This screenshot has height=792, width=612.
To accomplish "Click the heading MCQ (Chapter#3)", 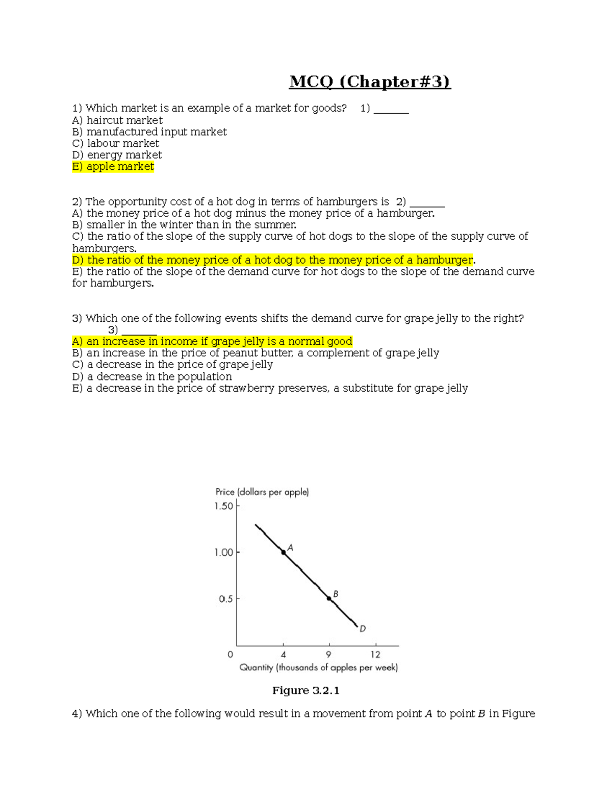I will (x=370, y=82).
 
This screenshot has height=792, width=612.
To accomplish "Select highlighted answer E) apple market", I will (x=113, y=167).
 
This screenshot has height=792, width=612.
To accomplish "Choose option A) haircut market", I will (x=117, y=120).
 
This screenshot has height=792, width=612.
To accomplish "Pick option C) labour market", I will (x=116, y=143).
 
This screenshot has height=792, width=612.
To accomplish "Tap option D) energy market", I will (x=117, y=155).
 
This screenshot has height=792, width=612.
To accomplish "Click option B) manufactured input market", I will (x=149, y=132).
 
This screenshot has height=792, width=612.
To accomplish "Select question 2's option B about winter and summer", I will (x=184, y=225).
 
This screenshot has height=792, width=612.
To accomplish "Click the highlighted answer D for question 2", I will (x=273, y=260).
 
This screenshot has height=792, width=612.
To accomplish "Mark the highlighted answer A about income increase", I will (x=212, y=341).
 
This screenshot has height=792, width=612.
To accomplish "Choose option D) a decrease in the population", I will (x=152, y=376).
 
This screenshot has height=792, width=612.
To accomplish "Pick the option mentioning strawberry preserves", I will (x=270, y=388).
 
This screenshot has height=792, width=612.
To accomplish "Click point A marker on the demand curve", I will (x=284, y=552).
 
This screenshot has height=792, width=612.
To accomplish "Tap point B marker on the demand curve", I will (x=329, y=598).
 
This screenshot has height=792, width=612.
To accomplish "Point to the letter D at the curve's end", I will (x=363, y=629).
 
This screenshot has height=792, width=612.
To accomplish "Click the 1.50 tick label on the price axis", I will (x=223, y=506).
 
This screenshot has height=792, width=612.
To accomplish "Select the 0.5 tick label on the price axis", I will (x=225, y=599).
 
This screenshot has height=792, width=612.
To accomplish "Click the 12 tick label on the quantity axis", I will (x=375, y=655).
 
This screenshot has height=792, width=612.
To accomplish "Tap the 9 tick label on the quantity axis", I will (x=329, y=655).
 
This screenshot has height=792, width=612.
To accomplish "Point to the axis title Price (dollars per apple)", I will (x=262, y=492).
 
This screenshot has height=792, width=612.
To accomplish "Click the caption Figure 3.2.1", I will (x=305, y=691).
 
